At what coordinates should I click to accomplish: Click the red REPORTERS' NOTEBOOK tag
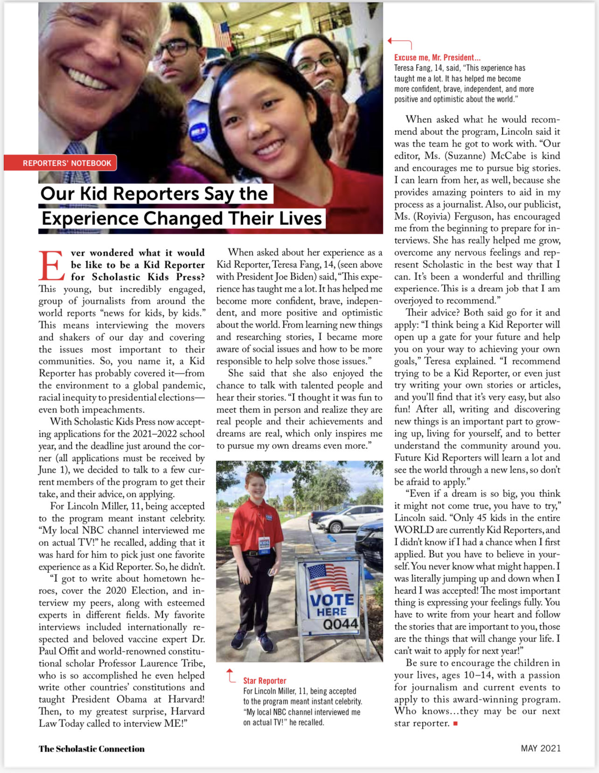tap(67, 163)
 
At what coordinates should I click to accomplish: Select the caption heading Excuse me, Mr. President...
tap(437, 57)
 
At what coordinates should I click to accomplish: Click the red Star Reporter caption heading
tap(265, 681)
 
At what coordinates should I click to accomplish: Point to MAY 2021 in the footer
tap(540, 748)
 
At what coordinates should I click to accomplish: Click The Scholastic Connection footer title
tap(91, 749)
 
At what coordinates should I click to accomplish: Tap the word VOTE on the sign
tap(332, 599)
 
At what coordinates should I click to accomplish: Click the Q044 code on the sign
tap(340, 624)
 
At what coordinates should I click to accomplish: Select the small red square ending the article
tap(455, 724)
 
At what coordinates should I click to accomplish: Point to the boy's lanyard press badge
tap(264, 547)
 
